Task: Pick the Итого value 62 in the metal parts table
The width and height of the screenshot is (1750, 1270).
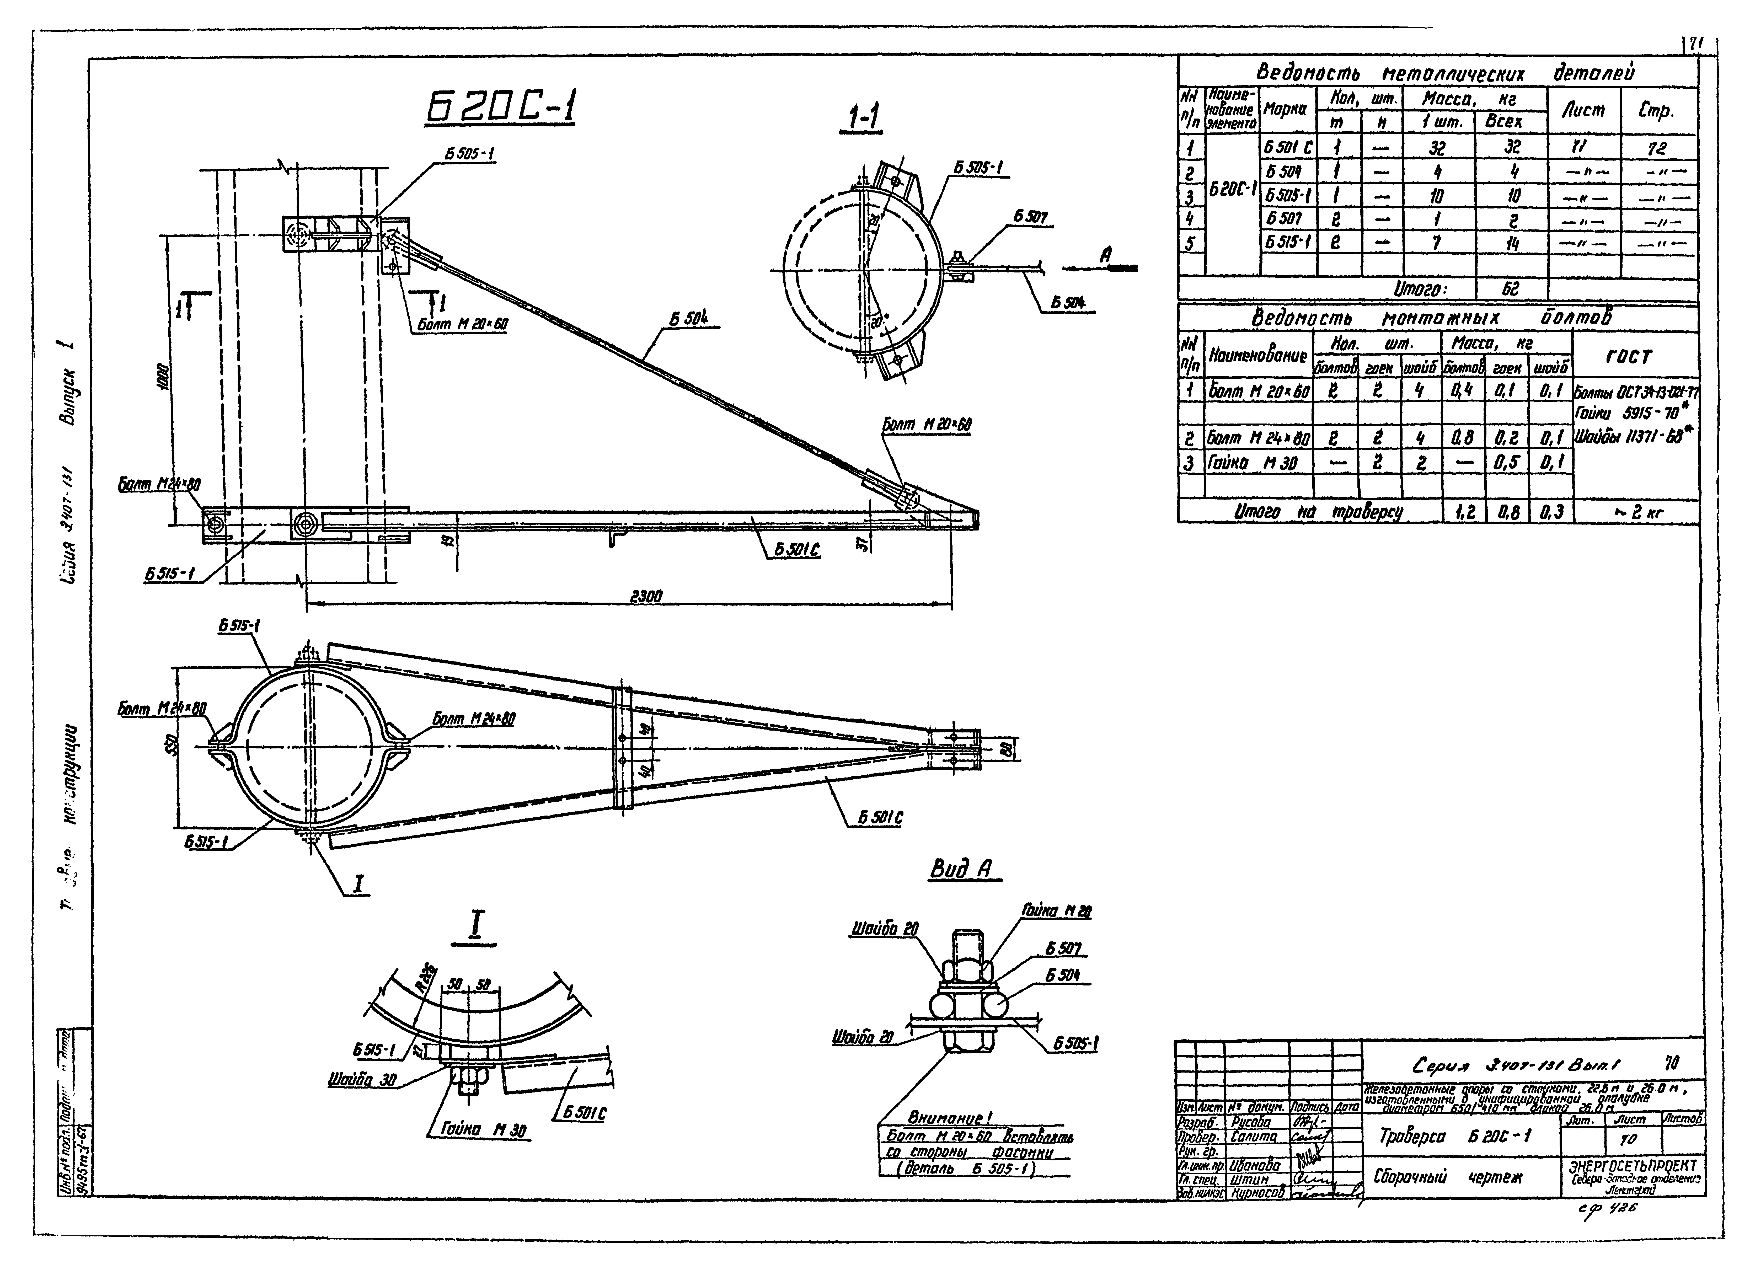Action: tap(1510, 289)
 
